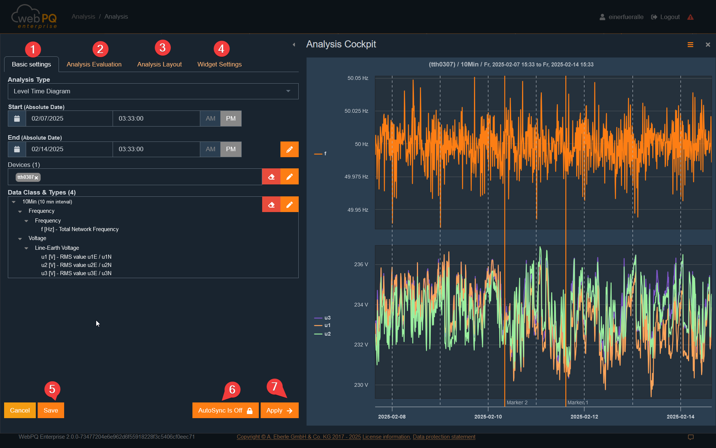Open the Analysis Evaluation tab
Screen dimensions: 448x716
pyautogui.click(x=94, y=64)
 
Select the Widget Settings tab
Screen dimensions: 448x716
pyautogui.click(x=219, y=64)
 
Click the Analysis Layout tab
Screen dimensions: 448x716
pyautogui.click(x=159, y=64)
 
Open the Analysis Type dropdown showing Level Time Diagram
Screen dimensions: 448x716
pyautogui.click(x=153, y=91)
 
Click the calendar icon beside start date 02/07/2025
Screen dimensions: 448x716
pyautogui.click(x=17, y=118)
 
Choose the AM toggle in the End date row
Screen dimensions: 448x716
pyautogui.click(x=210, y=149)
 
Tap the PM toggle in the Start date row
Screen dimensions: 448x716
pyautogui.click(x=231, y=118)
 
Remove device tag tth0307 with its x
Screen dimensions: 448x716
pyautogui.click(x=37, y=178)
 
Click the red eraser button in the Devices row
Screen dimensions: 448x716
pyautogui.click(x=271, y=177)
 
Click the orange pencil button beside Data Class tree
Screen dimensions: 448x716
pyautogui.click(x=289, y=204)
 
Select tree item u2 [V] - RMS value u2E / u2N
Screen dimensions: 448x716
pyautogui.click(x=76, y=265)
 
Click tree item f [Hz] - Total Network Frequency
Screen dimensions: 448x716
pyautogui.click(x=80, y=229)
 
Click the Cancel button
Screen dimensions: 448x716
pyautogui.click(x=20, y=410)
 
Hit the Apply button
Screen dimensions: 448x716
pyautogui.click(x=279, y=410)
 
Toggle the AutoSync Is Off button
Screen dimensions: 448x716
pyautogui.click(x=225, y=410)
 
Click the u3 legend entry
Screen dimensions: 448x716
pyautogui.click(x=327, y=318)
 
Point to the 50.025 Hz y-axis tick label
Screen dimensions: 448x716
pyautogui.click(x=356, y=111)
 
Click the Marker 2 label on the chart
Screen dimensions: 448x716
pyautogui.click(x=517, y=402)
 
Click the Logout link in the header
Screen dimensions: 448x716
pyautogui.click(x=666, y=17)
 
